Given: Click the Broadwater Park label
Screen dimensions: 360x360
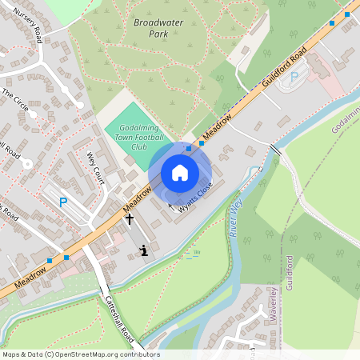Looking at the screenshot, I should coord(156,29).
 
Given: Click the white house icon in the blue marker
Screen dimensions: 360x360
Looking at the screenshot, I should coord(180,173).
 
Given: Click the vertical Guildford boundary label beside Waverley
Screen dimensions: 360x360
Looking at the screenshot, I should coord(290,273).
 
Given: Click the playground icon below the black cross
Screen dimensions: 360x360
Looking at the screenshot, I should coord(144,250).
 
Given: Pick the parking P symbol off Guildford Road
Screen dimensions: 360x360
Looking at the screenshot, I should coord(294,77).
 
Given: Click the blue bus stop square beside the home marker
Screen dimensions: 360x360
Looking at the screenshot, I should coord(189,148).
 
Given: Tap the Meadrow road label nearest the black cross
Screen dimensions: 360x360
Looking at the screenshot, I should coord(138,205).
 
